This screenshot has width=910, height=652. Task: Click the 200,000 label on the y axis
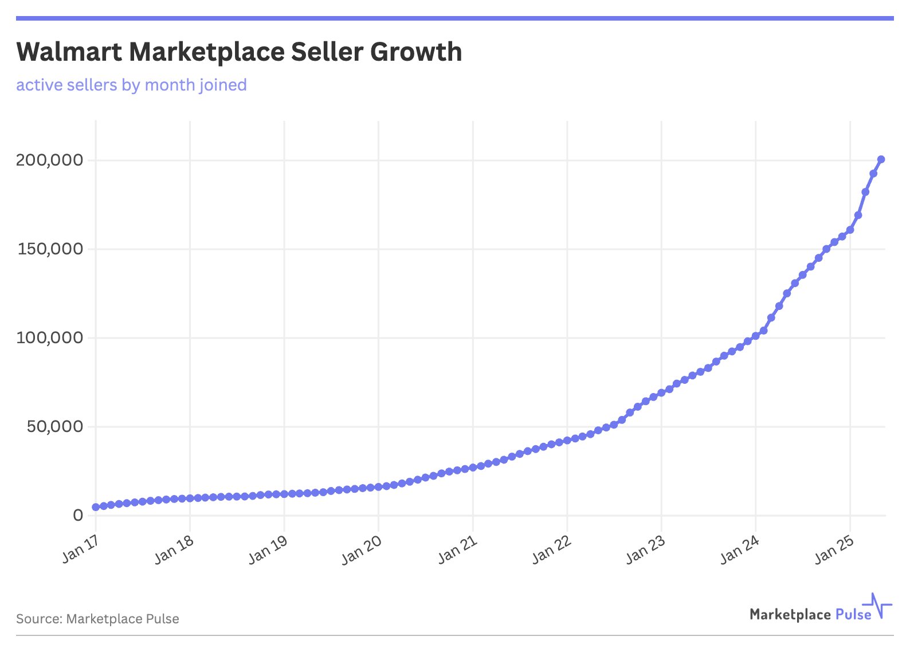(x=49, y=160)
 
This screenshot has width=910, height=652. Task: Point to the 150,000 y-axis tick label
(x=50, y=249)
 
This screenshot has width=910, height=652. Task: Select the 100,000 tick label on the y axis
(x=50, y=337)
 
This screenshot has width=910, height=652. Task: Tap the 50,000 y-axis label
(x=55, y=426)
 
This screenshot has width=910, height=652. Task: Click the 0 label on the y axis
(x=78, y=515)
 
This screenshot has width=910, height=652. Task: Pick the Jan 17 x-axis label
(x=80, y=549)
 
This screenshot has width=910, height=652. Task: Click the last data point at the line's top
(x=881, y=159)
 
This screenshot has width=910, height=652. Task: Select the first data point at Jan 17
(x=96, y=507)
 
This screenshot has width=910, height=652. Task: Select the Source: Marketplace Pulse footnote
(x=97, y=619)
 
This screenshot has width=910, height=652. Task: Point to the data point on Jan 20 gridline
(x=378, y=487)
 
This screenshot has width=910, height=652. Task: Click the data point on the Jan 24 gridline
(x=755, y=336)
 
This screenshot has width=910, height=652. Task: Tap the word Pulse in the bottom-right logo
(x=853, y=615)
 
